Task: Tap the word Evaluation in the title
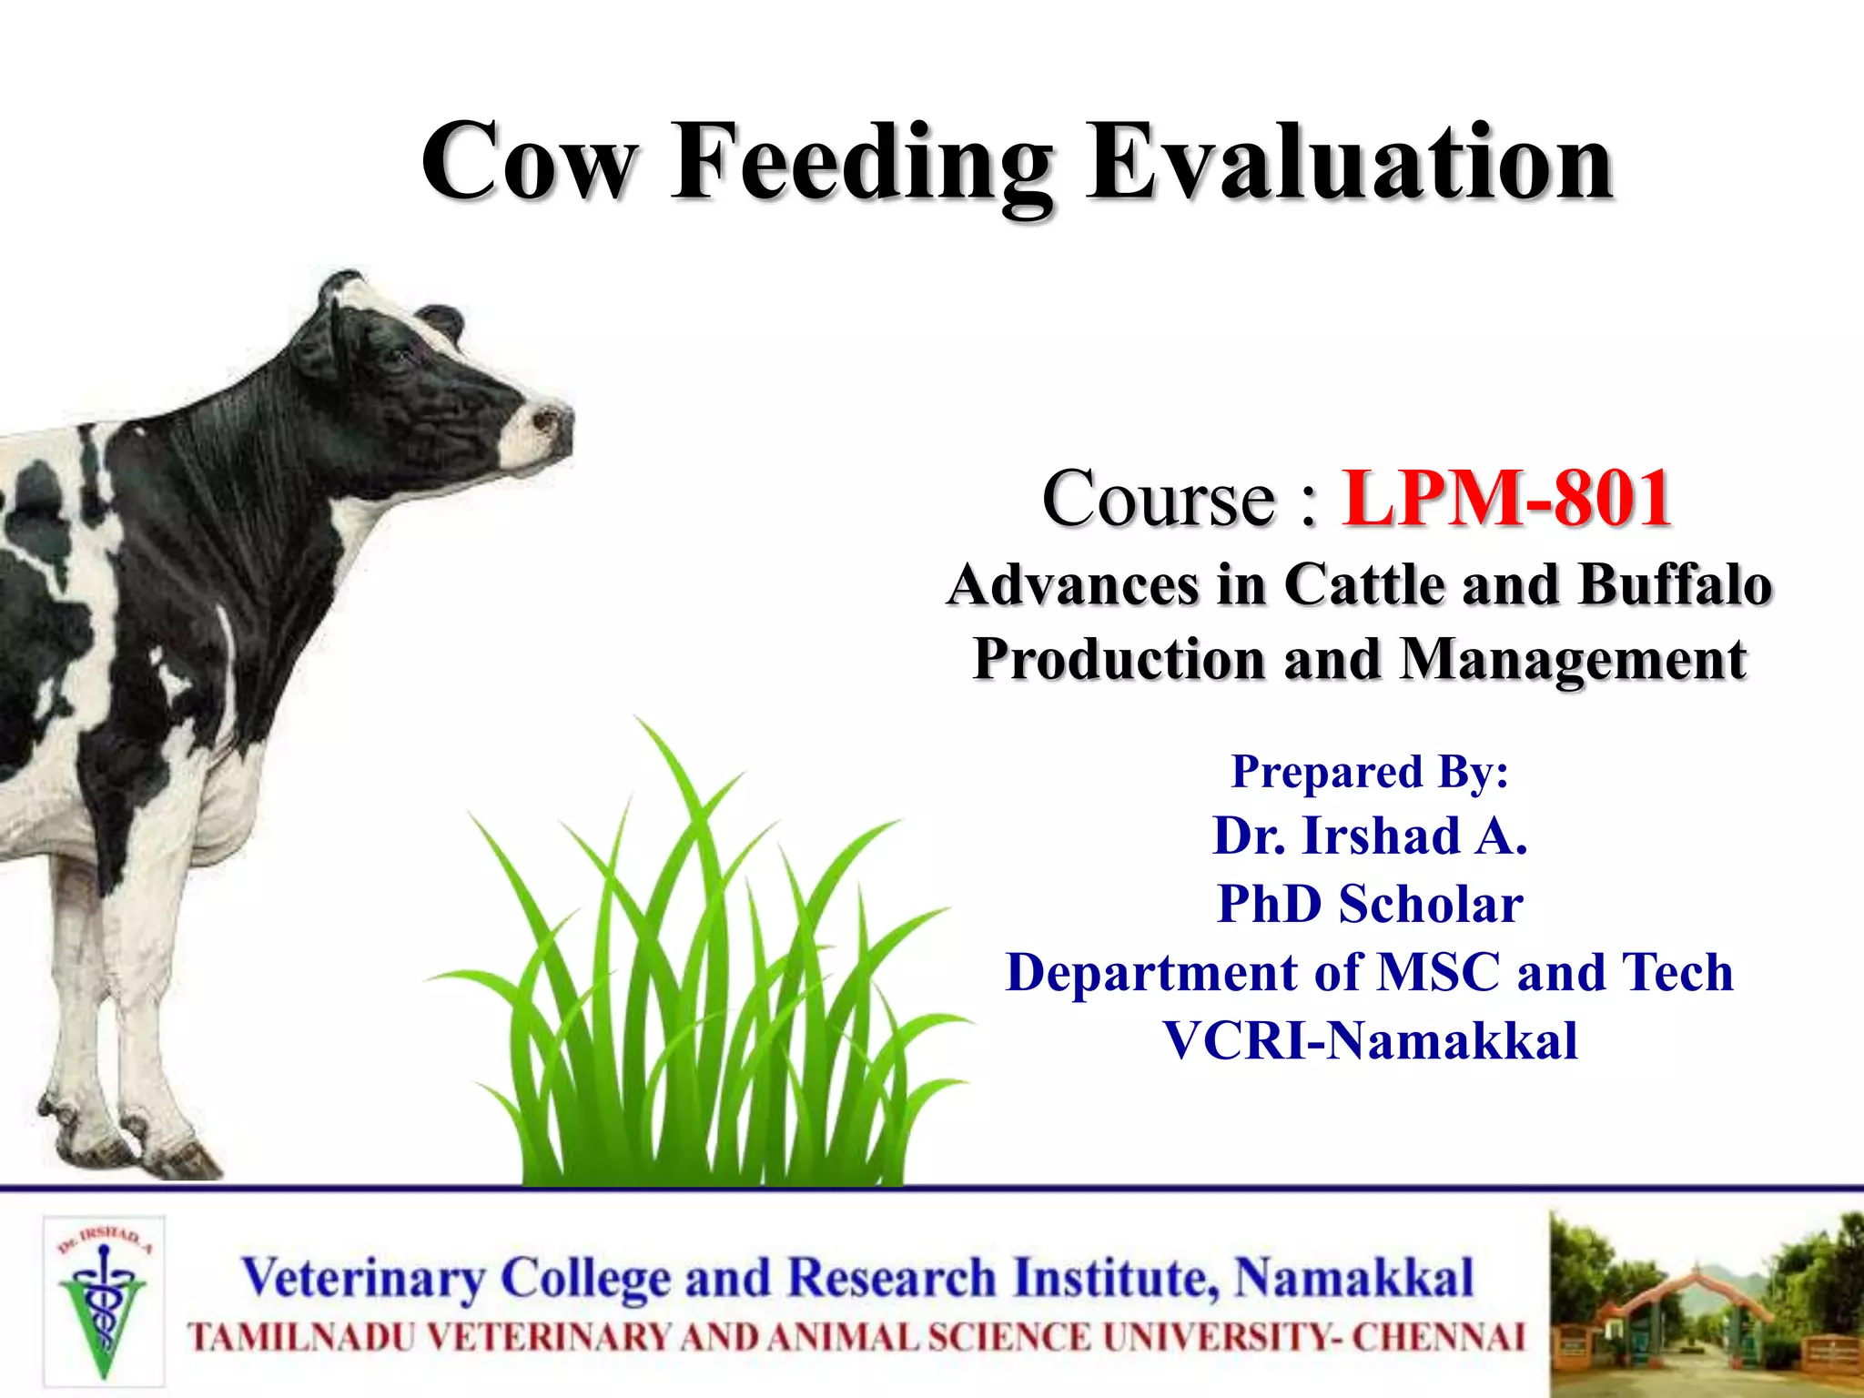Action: point(1350,164)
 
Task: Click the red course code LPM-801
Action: point(1506,499)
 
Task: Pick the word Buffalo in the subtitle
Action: point(1676,584)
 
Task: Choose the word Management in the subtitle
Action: point(1573,659)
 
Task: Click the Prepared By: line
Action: point(1370,772)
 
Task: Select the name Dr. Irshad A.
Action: point(1370,836)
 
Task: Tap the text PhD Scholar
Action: point(1370,904)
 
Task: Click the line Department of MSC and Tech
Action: point(1370,972)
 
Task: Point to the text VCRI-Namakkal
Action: point(1370,1040)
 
